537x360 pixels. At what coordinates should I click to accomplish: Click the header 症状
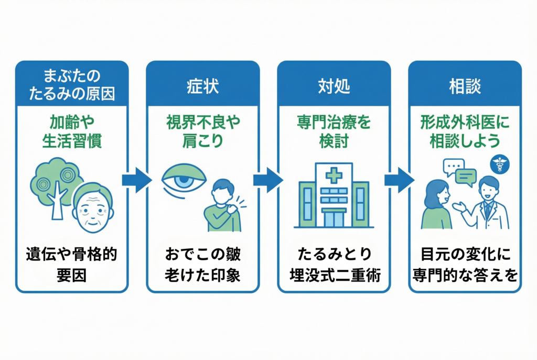pyautogui.click(x=202, y=86)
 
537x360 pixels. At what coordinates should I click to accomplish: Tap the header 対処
pyautogui.click(x=334, y=86)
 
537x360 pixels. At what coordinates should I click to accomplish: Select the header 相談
pyautogui.click(x=465, y=86)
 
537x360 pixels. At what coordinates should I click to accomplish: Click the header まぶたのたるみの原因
pyautogui.click(x=72, y=86)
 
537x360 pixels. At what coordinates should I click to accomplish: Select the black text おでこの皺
pyautogui.click(x=202, y=255)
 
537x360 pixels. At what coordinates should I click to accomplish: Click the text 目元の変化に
pyautogui.click(x=465, y=255)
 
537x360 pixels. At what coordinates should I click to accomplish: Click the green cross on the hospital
pyautogui.click(x=334, y=175)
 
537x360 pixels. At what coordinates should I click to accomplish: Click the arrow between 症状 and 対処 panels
pyautogui.click(x=268, y=180)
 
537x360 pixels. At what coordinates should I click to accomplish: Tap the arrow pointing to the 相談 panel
pyautogui.click(x=399, y=180)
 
